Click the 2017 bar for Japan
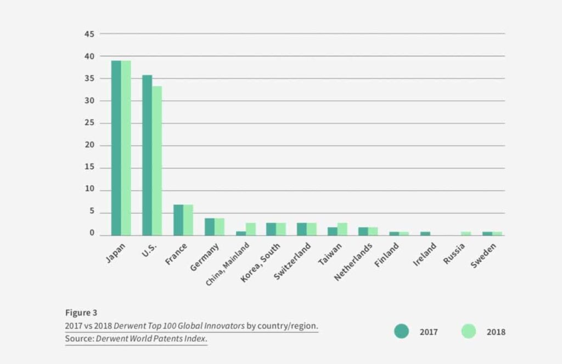coord(116,147)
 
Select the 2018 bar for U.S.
coord(157,161)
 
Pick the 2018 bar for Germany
coord(219,227)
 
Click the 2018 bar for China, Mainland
coord(250,229)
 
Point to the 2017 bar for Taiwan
coord(332,231)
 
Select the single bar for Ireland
coord(425,233)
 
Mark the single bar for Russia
coord(465,233)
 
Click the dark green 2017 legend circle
coord(401,331)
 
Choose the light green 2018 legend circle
coord(468,331)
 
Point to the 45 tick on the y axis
coord(89,34)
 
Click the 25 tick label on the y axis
coord(89,123)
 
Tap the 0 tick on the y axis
coord(92,234)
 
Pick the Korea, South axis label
coord(261,263)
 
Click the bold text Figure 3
coord(81,312)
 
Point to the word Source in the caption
coord(79,339)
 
